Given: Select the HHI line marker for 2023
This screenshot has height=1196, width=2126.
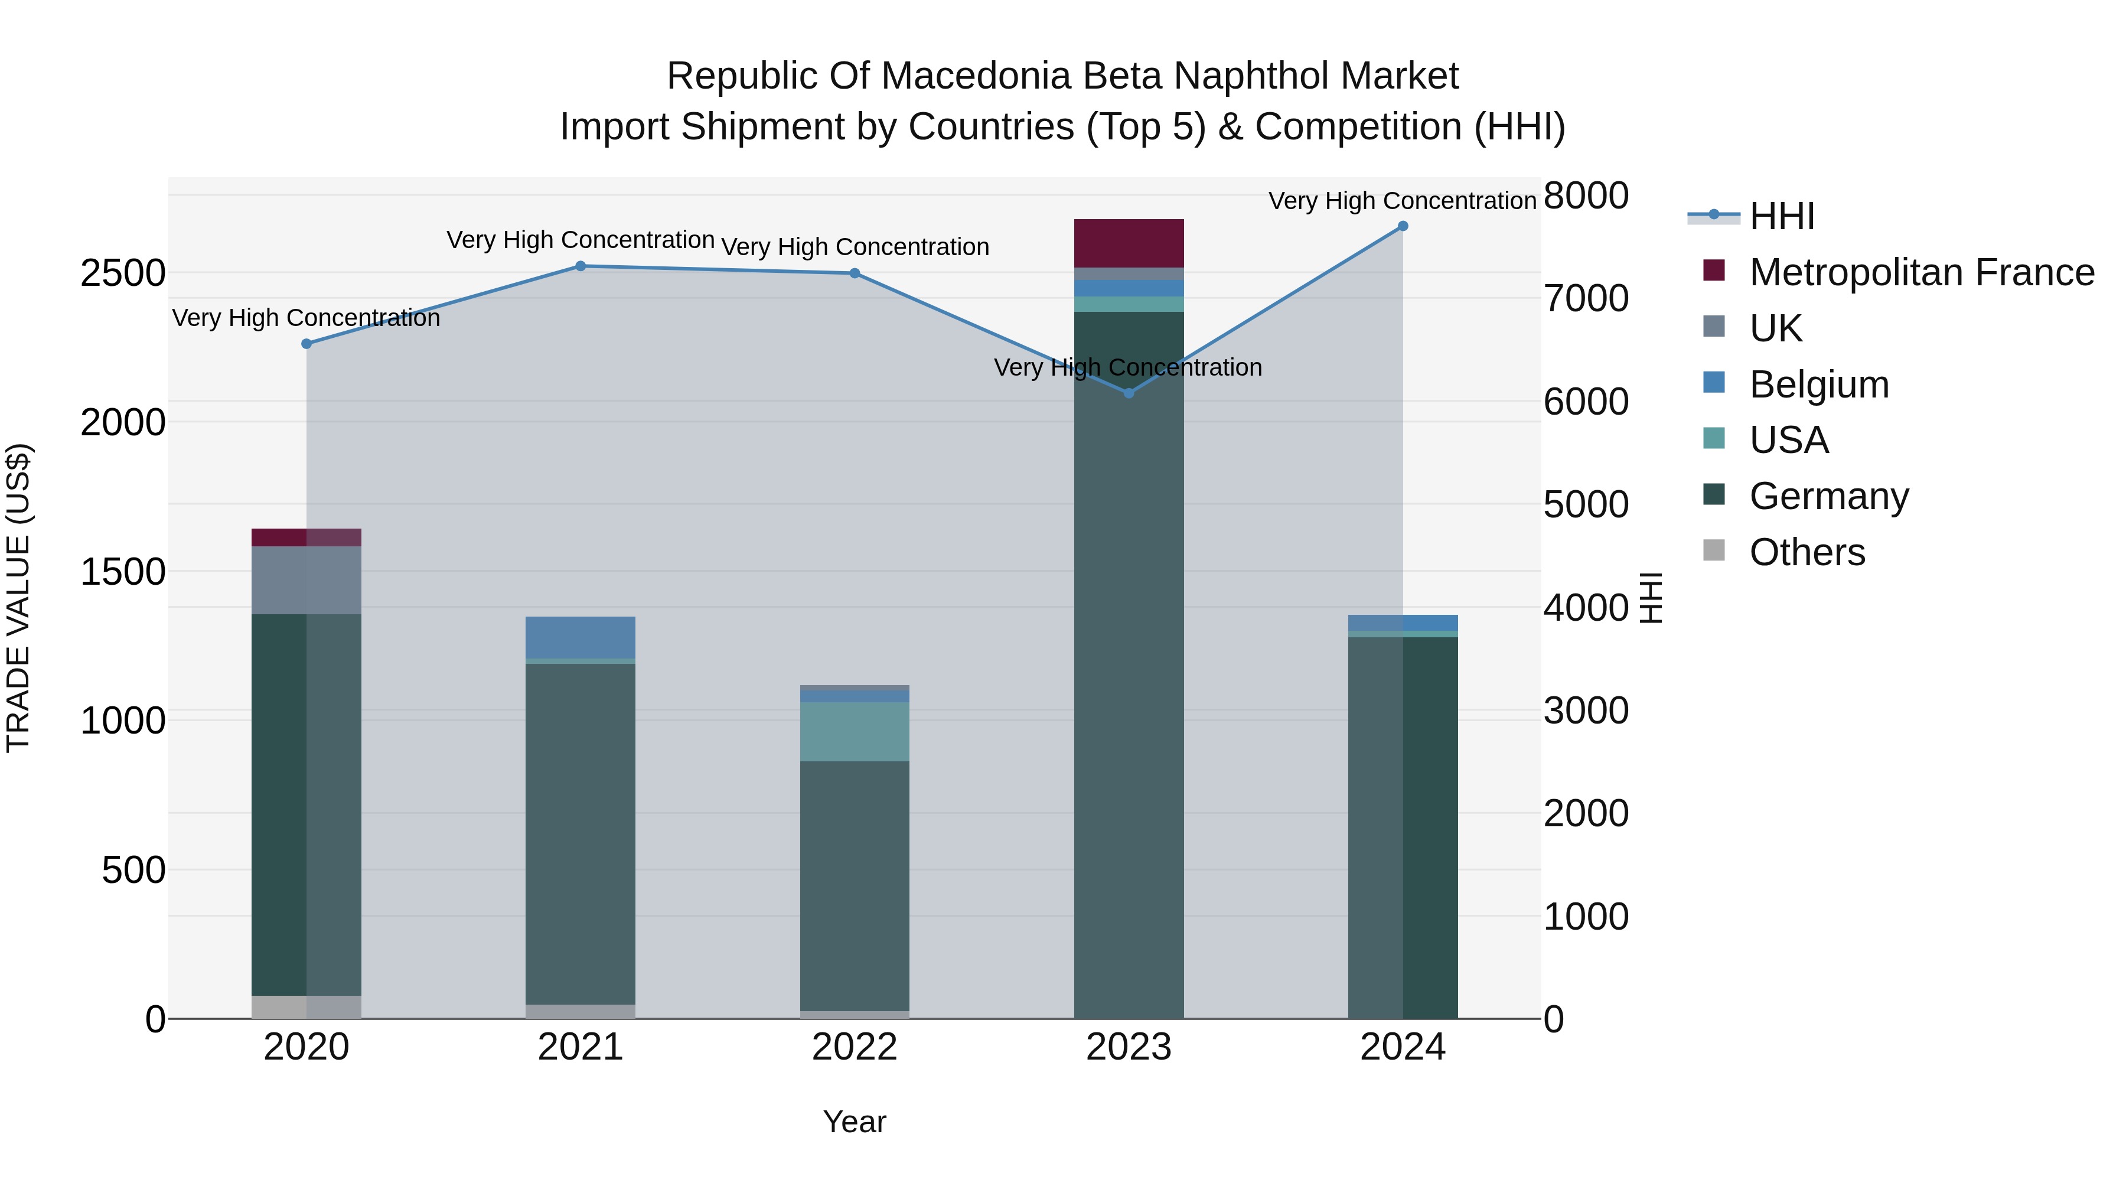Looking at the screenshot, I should [x=1129, y=393].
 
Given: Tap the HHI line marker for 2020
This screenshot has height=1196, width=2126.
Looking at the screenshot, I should [x=306, y=343].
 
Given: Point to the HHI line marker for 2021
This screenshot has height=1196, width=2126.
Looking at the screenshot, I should [x=580, y=266].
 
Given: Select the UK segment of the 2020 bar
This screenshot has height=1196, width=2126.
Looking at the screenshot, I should [x=306, y=580].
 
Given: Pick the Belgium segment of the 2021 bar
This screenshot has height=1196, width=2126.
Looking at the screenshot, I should [x=580, y=637].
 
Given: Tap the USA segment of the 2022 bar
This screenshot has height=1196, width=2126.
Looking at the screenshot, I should [x=854, y=731].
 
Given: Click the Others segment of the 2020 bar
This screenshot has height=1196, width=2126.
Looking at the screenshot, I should [x=306, y=1007].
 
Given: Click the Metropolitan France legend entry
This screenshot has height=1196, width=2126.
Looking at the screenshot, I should [x=1921, y=272].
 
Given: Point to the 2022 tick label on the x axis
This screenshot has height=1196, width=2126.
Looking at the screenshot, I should [x=854, y=1047].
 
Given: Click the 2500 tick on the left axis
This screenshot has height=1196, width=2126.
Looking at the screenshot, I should [x=123, y=273].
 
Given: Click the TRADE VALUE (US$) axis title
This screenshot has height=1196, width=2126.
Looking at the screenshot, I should [x=18, y=598].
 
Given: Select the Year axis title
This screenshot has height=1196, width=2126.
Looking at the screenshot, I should [x=854, y=1122].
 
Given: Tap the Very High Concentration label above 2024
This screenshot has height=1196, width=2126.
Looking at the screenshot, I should [x=1401, y=201].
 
